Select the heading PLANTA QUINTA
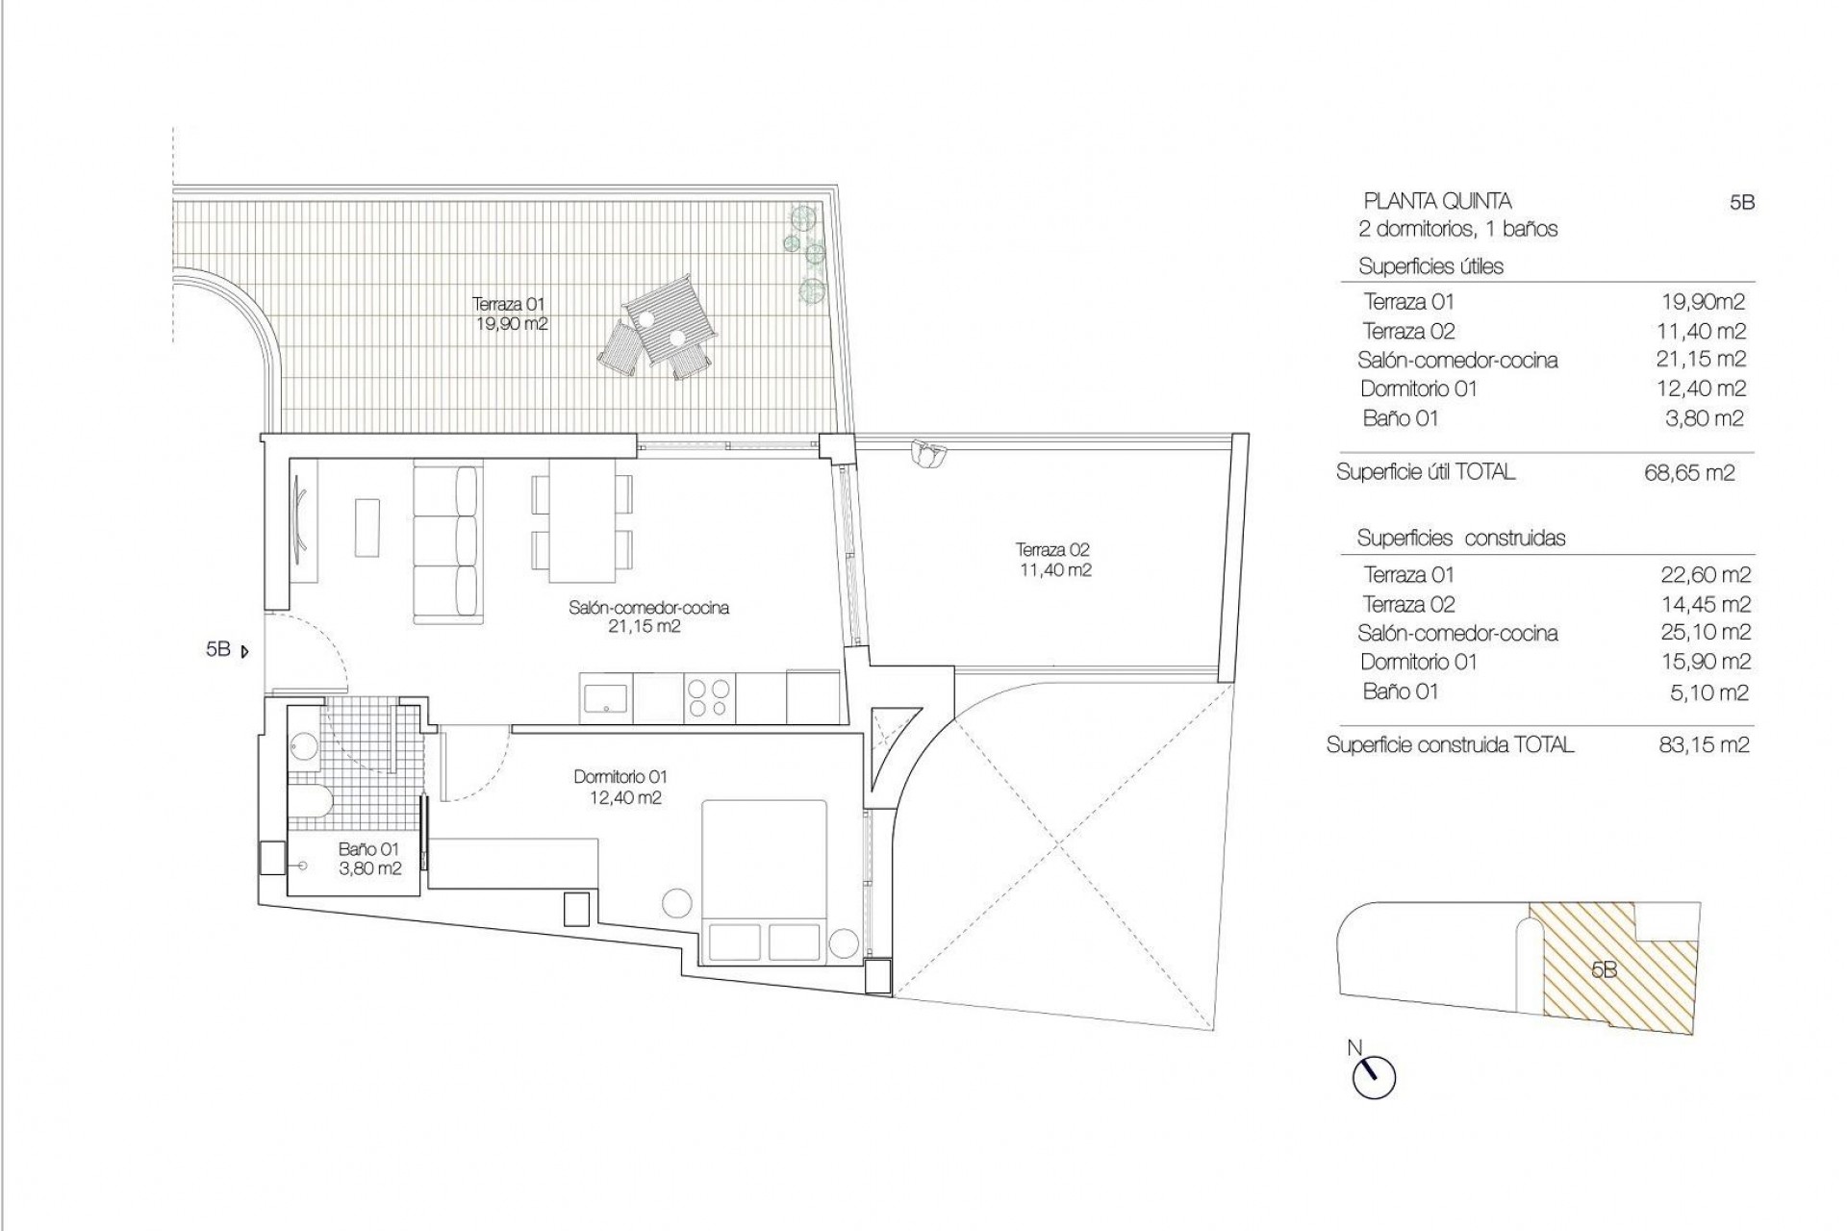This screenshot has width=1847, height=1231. pos(1438,202)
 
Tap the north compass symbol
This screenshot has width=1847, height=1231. pos(1374,1076)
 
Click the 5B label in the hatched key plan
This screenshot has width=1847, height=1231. pos(1604,970)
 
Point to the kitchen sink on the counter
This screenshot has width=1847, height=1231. pos(606,697)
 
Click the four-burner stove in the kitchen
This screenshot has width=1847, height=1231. pos(710,698)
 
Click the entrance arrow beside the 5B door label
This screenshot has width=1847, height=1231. pos(244,651)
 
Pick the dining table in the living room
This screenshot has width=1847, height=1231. pos(583,521)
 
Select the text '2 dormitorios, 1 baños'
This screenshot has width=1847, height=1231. pos(1457,230)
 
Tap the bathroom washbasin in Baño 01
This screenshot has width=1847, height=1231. pos(306,748)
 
